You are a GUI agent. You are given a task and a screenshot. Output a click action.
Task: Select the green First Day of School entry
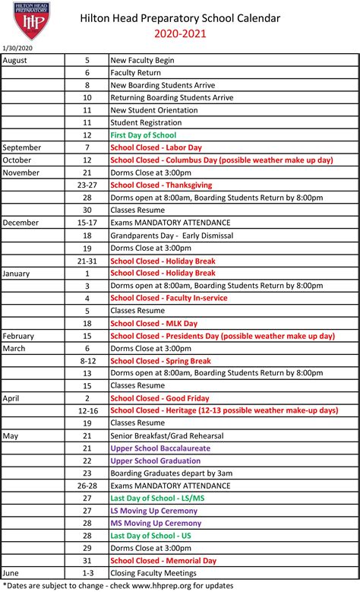coord(143,135)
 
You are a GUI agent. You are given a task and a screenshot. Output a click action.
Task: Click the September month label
coord(22,147)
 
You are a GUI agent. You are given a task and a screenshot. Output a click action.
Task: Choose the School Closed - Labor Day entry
coord(156,147)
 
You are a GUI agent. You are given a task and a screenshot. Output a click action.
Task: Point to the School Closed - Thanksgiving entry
coord(161,185)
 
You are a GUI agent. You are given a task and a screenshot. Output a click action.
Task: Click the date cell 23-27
coord(87,185)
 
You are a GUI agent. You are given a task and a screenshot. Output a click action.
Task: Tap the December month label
coord(21,223)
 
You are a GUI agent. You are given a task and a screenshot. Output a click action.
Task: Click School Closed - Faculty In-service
coord(169,298)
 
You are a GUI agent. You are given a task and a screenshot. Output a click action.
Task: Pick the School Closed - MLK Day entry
coord(154,323)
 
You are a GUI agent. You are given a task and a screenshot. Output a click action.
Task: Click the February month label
coord(19,336)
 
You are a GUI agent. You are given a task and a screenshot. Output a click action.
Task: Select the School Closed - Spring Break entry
coord(160,361)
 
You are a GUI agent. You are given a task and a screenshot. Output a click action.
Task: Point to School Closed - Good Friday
coord(160,398)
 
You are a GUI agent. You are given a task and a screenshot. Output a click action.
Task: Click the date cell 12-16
coord(87,410)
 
